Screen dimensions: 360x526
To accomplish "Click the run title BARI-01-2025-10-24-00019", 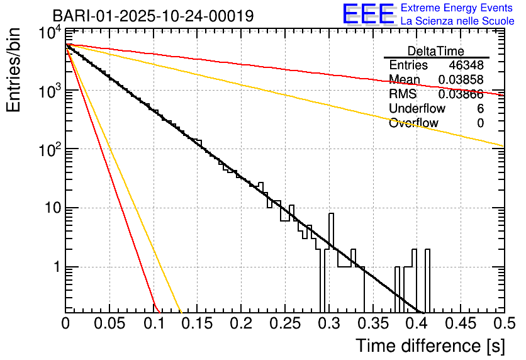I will click(153, 16).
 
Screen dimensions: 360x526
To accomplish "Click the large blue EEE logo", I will click(368, 15).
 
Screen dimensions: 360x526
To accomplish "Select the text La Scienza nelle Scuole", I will click(457, 21).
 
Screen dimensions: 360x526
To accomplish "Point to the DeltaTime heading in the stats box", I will click(436, 51).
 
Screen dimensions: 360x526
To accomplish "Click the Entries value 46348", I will click(466, 65).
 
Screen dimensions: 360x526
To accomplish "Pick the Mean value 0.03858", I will click(461, 80).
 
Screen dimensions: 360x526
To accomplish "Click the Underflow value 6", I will click(480, 109).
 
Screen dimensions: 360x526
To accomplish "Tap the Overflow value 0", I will click(480, 123).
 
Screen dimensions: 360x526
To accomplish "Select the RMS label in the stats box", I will click(403, 94).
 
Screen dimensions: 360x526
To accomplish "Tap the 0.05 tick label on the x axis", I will click(109, 323).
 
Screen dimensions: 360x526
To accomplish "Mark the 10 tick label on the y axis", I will click(50, 208).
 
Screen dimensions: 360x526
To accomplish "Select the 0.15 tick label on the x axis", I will click(197, 323).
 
